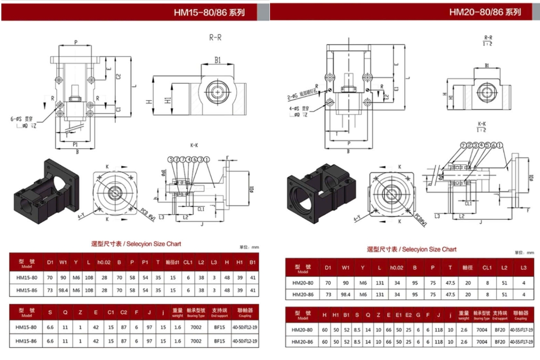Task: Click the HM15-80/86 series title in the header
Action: pyautogui.click(x=209, y=13)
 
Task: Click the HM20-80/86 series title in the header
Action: pyautogui.click(x=485, y=12)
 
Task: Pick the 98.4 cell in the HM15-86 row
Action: pyautogui.click(x=63, y=290)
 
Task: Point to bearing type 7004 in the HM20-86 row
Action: pyautogui.click(x=481, y=342)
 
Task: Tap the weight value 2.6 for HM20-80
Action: pyautogui.click(x=463, y=330)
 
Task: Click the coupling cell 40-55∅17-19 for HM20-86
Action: pyautogui.click(x=521, y=342)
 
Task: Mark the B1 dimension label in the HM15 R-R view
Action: pyautogui.click(x=217, y=60)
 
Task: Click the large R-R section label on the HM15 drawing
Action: pyautogui.click(x=215, y=38)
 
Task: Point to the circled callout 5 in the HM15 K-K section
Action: pyautogui.click(x=171, y=159)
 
